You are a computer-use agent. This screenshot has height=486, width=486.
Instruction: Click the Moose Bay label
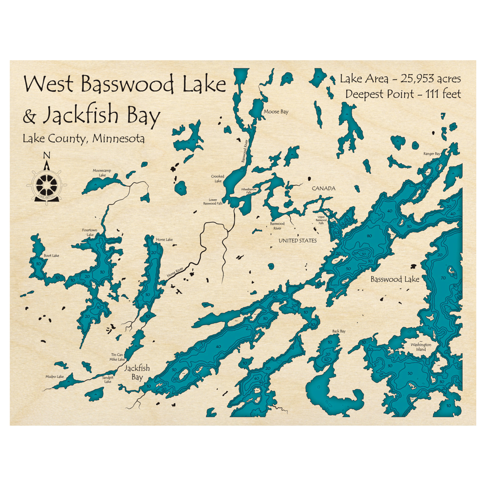click(276, 112)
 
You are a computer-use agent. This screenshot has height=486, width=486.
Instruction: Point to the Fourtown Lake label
click(90, 232)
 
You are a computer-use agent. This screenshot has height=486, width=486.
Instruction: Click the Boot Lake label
click(51, 256)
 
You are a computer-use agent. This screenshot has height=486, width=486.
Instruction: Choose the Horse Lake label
click(164, 240)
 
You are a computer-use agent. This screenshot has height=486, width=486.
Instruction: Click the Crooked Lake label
click(217, 178)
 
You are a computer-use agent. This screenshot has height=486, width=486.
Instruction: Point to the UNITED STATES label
click(297, 241)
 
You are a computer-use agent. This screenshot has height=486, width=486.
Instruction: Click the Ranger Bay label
click(432, 154)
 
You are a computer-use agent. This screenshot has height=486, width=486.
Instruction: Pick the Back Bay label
click(339, 331)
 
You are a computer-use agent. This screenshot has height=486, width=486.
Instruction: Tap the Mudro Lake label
click(55, 377)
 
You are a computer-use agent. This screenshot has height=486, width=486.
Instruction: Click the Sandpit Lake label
click(107, 379)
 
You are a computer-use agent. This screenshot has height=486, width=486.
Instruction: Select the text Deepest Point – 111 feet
click(403, 94)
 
